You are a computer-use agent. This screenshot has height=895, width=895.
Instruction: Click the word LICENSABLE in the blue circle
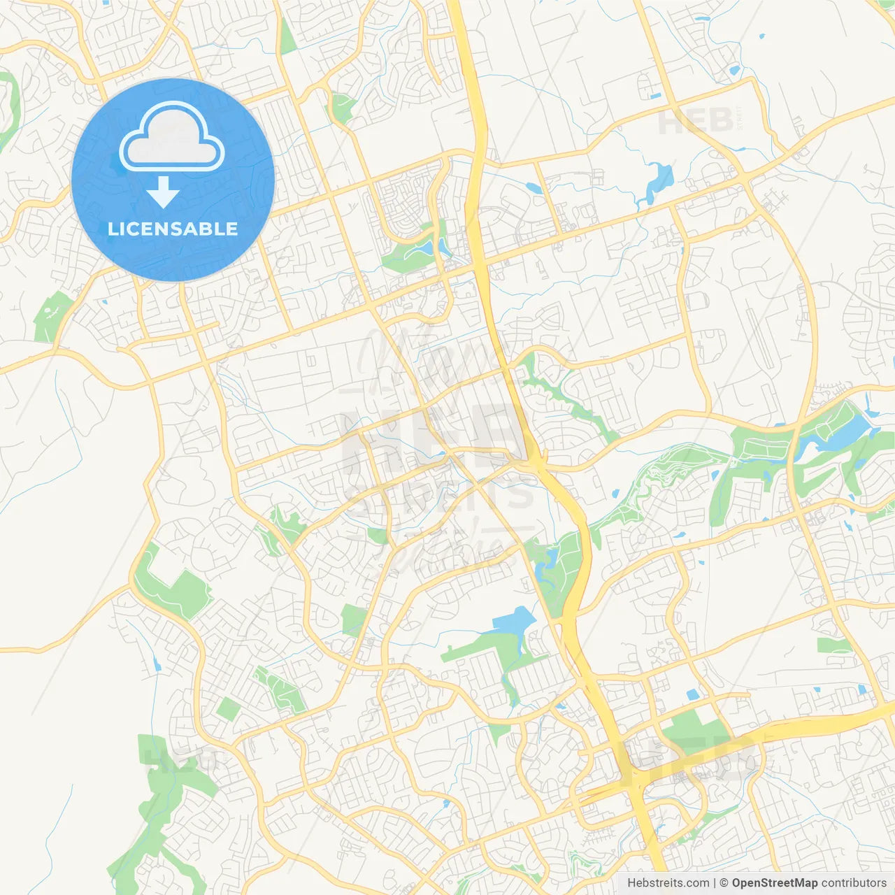coord(173,229)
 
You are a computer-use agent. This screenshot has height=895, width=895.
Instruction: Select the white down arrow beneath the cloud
coord(164,192)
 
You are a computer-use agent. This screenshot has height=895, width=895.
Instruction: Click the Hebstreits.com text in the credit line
coord(668,883)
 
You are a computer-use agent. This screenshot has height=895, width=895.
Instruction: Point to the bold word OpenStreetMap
coord(775,883)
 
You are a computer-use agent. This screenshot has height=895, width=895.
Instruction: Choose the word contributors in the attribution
coord(854,883)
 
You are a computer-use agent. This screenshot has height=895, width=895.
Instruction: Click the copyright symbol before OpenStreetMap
coord(724,883)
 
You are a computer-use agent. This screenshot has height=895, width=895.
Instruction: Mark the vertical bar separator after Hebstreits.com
coord(715,883)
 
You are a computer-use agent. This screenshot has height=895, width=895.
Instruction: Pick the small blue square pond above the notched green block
coord(692,694)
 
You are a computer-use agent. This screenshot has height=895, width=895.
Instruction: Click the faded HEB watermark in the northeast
coord(696,122)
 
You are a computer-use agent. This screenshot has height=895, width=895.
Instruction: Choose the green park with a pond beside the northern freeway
coord(416,248)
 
